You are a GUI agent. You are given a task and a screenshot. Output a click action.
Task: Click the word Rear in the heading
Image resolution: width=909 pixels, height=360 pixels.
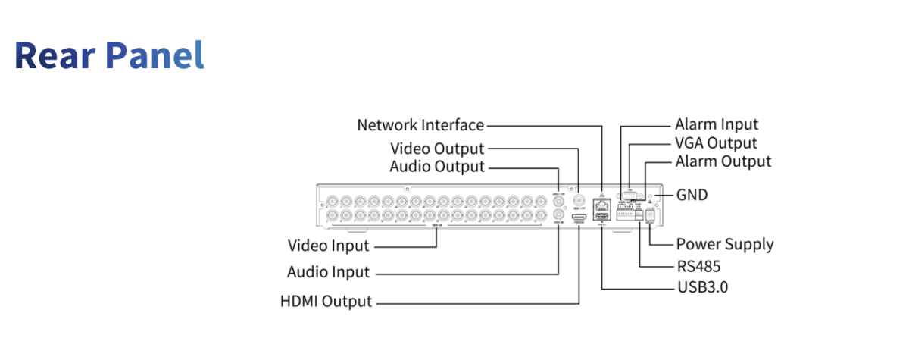coord(55,55)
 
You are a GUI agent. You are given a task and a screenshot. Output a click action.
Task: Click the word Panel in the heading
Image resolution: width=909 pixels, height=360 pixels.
coord(155,55)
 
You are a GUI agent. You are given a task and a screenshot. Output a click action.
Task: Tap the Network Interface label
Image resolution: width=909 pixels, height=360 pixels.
coord(420,125)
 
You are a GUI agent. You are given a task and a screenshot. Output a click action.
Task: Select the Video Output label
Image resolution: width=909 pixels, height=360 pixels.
coord(436,148)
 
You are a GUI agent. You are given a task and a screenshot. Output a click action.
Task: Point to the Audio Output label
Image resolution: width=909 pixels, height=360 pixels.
coord(436,166)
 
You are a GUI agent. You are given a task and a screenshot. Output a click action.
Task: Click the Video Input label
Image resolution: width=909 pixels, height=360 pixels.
coord(329,246)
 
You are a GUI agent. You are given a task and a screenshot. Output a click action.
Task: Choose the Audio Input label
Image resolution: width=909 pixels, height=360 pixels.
coord(328,271)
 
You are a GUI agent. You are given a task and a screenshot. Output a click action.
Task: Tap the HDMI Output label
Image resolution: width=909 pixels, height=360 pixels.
coord(326,301)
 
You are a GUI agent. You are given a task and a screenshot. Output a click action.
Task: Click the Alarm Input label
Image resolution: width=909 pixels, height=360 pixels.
coord(717,124)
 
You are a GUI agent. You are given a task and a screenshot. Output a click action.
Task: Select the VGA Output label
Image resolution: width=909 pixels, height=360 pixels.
coord(716,143)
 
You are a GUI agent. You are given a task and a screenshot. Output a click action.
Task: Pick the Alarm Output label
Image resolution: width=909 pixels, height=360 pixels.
coord(723,161)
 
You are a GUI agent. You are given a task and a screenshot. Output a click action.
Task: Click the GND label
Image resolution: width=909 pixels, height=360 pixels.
coord(692,195)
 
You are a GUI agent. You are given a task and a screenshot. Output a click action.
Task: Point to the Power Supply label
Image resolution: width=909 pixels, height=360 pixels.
coord(724,244)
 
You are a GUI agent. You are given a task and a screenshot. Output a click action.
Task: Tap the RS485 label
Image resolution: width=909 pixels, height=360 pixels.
coord(698,267)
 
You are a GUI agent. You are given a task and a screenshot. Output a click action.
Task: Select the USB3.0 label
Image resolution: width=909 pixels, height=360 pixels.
coord(701,288)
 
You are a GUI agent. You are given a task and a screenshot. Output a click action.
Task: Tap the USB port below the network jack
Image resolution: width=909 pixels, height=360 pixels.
coord(602,217)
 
